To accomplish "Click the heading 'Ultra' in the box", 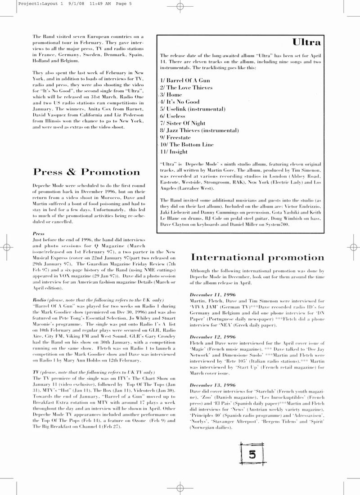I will tap(306, 42).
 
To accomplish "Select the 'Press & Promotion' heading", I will tap(87, 172).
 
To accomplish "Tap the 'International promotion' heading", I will tap(257, 257).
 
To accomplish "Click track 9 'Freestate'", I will tap(175, 137).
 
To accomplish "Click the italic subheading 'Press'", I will tap(39, 234).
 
